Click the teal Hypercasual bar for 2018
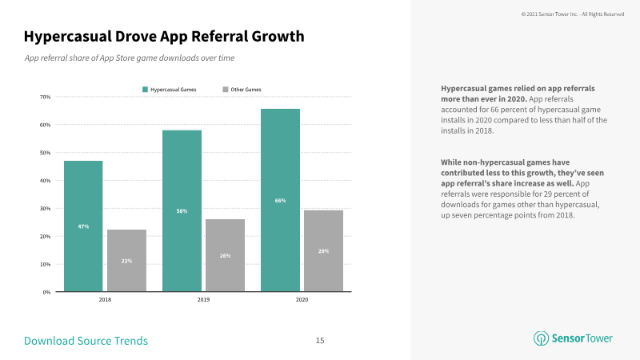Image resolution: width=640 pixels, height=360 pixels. point(83,226)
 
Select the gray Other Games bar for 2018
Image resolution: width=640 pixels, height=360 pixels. point(126,261)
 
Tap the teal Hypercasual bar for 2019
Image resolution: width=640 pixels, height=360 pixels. point(182,211)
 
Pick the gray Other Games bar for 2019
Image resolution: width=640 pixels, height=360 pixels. point(226,255)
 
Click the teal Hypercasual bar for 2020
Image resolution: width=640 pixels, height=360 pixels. point(281,201)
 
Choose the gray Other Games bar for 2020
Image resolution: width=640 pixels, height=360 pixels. point(324,251)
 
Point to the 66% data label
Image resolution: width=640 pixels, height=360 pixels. point(281,201)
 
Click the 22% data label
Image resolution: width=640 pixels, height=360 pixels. point(126,261)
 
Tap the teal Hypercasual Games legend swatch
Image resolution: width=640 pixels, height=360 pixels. point(145,90)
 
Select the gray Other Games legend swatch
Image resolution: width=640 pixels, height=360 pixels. point(226,90)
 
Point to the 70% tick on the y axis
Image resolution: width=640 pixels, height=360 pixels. point(46,97)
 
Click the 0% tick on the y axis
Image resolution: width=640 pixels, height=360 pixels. point(46,292)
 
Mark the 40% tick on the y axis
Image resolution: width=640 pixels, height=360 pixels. point(46,181)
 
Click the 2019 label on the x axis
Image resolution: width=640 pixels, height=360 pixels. point(203,299)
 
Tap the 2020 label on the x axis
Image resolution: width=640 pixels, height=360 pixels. point(302,299)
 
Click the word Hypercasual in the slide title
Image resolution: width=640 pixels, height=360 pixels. point(68,37)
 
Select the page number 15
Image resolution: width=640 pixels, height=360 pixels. point(320,341)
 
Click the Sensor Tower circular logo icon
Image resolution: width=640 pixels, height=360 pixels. point(542,338)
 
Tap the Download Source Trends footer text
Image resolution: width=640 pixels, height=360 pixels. point(86,341)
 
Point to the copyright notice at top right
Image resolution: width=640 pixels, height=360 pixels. point(573,14)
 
